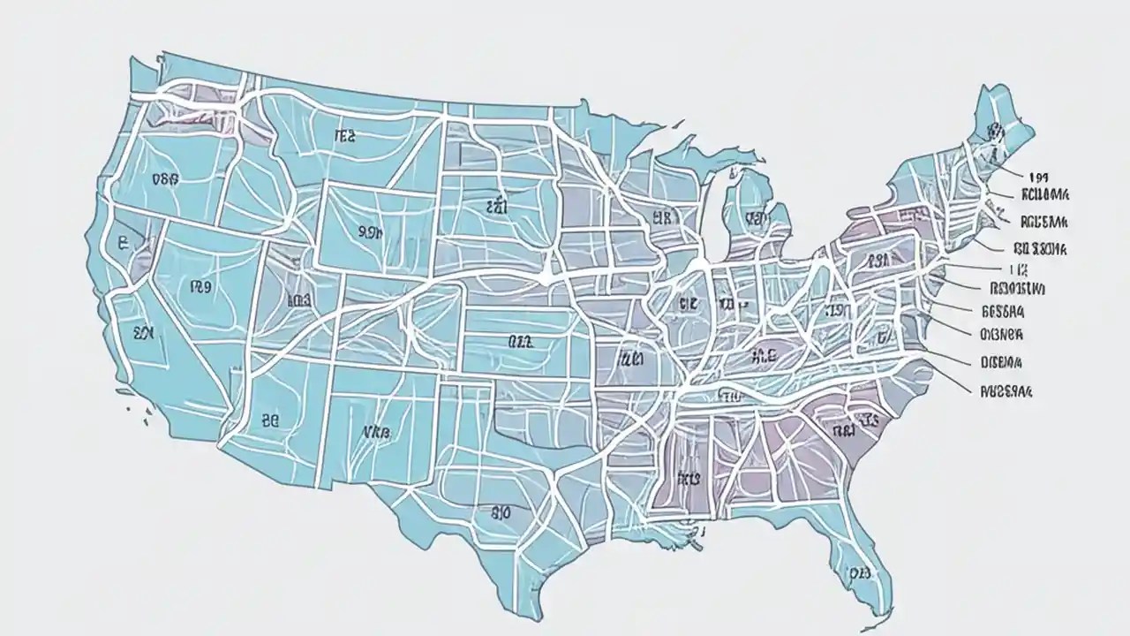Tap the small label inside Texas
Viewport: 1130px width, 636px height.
click(501, 511)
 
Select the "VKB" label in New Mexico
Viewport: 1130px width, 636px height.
click(376, 433)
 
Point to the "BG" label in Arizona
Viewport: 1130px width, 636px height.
click(270, 422)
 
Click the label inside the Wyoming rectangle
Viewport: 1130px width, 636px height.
click(371, 232)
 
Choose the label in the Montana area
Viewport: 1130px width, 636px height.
click(344, 136)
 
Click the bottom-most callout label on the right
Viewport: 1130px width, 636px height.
click(1006, 389)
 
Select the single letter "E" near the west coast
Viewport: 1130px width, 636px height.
click(122, 242)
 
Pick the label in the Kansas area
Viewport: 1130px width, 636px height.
click(520, 341)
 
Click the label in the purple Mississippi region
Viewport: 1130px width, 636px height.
click(689, 478)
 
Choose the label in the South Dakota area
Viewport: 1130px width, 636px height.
click(498, 207)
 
